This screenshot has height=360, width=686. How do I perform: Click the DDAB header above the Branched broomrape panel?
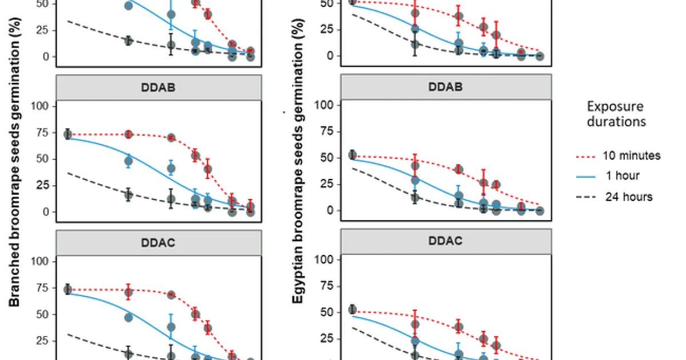coord(158,88)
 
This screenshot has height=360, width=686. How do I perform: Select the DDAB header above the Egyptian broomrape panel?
coord(446,87)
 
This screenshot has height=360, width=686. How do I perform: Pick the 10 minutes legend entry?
coord(632,155)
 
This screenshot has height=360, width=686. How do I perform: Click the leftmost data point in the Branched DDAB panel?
coord(67,134)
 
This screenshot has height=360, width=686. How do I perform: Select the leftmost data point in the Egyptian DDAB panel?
coord(352,155)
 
